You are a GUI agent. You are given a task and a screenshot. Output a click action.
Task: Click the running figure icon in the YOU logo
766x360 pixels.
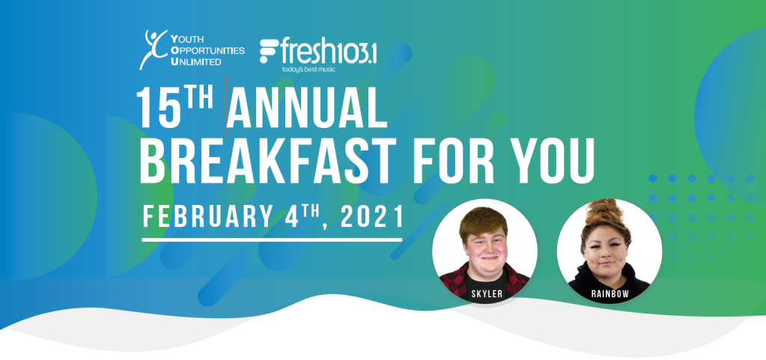(153, 49)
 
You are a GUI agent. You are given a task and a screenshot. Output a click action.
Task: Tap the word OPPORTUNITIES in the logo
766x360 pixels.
(207, 50)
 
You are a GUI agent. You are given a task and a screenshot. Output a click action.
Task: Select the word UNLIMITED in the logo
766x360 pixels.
(196, 61)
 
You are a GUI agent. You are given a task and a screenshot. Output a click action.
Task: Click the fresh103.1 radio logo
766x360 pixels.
(318, 52)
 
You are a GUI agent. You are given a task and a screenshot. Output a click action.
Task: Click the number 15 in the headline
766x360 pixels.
(156, 109)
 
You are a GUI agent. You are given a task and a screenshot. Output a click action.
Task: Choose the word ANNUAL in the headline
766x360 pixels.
(307, 109)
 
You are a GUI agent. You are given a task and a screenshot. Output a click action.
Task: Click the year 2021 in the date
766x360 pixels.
(372, 216)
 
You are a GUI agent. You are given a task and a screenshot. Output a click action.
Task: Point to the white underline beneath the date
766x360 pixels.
(272, 240)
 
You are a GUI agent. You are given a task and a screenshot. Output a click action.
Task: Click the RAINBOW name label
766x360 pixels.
(610, 294)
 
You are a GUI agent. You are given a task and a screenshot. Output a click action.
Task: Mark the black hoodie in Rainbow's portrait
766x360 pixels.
(609, 281)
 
